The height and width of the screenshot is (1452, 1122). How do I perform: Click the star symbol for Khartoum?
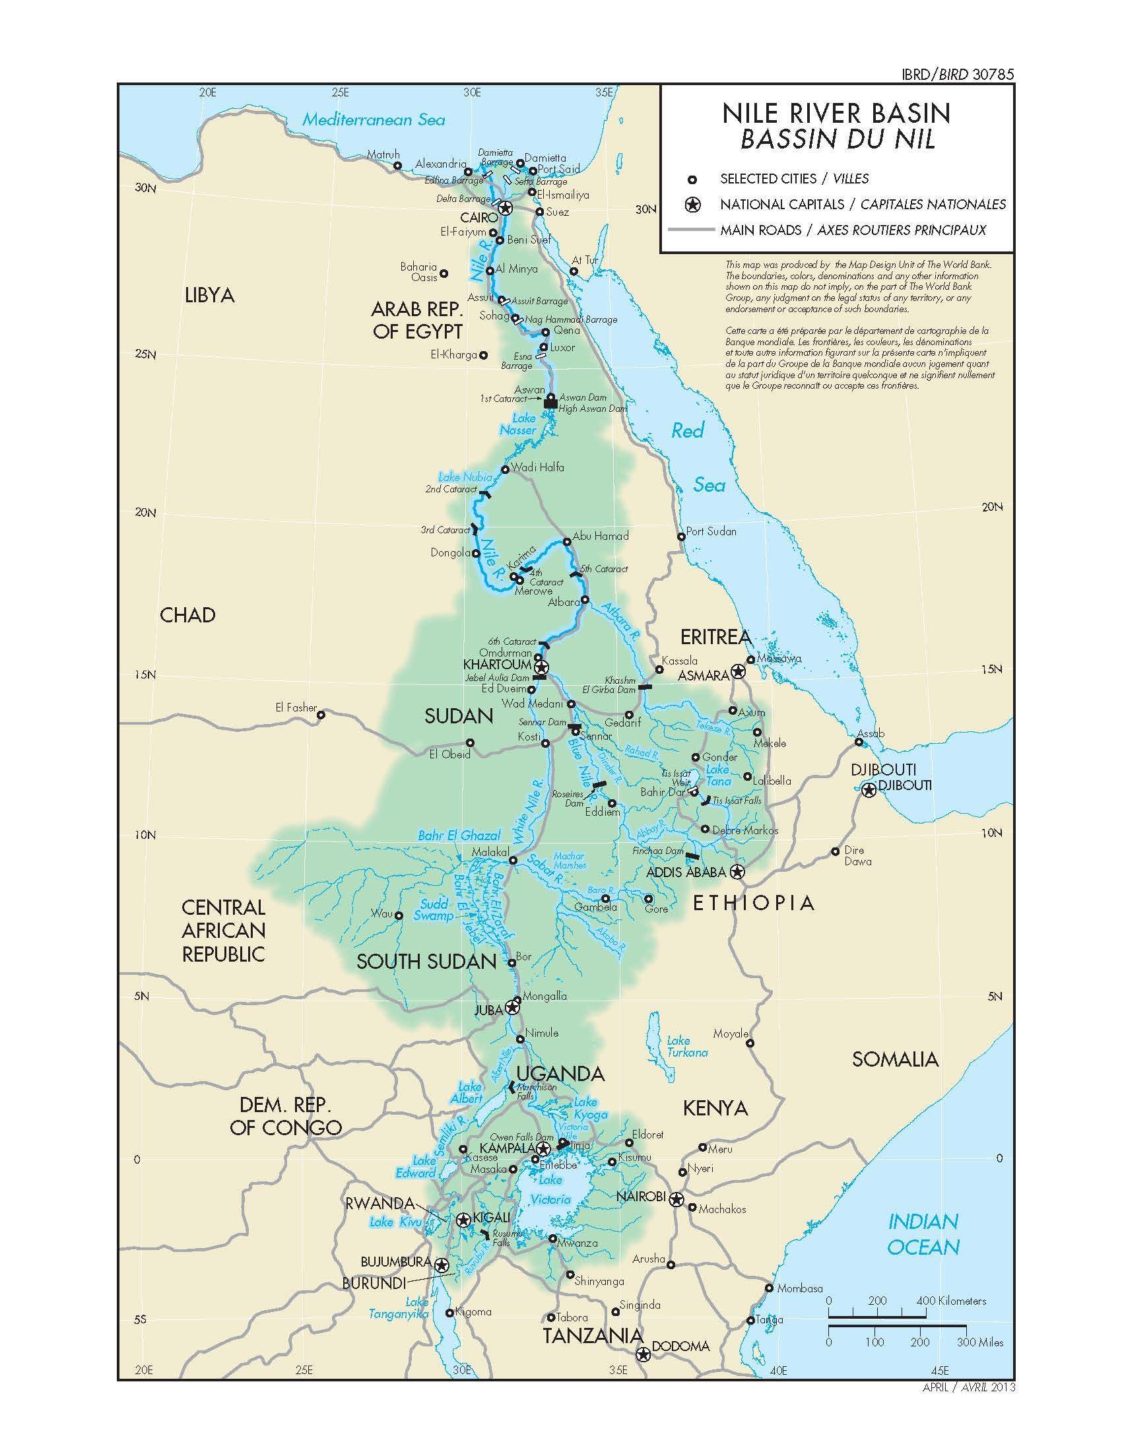541,667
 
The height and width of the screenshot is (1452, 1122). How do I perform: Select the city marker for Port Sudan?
681,537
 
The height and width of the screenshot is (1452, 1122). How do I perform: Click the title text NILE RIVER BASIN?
836,114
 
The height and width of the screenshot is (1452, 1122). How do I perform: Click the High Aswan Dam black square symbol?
550,403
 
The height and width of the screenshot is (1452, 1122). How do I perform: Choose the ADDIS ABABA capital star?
737,872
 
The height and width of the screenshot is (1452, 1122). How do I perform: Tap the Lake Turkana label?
687,1047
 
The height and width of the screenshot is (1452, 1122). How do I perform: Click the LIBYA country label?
209,295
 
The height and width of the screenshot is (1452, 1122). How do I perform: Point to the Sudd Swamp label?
434,910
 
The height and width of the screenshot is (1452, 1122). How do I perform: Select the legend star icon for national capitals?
693,204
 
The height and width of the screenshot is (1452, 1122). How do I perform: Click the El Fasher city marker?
321,715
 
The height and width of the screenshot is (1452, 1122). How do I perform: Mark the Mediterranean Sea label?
374,120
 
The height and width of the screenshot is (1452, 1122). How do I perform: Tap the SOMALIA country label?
896,1059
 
